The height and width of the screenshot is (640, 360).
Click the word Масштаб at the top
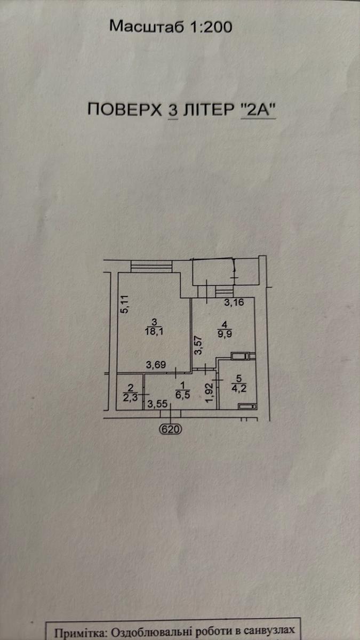pos(146,27)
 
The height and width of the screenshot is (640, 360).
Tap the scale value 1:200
pos(211,27)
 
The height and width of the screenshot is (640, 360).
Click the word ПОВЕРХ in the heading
pos(125,109)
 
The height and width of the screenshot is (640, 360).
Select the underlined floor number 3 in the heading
pos(173,110)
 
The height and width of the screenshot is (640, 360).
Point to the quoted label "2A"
pos(258,109)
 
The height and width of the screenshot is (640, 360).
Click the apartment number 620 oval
pos(171,429)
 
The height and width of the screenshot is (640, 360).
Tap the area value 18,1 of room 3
pos(154,331)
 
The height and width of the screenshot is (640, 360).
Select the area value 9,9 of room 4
pos(225,334)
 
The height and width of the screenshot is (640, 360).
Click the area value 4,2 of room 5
pos(239,388)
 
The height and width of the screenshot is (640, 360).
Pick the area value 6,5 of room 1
pos(183,395)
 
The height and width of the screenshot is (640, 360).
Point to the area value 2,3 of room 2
pos(130,397)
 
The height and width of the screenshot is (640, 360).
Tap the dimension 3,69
pos(156,365)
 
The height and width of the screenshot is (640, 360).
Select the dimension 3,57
pos(198,346)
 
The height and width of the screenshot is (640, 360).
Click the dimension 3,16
pos(234,302)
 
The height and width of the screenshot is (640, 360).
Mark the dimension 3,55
pos(157,404)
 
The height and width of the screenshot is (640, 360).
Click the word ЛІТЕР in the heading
pos(209,109)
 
